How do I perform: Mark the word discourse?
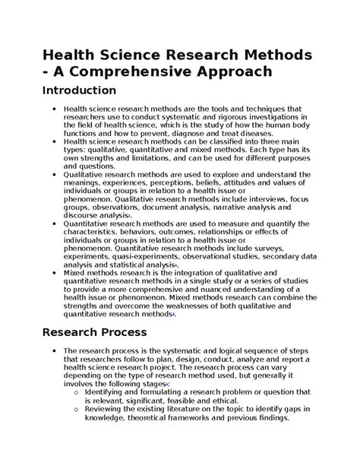tap(84, 215)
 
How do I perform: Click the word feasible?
tap(194, 398)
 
